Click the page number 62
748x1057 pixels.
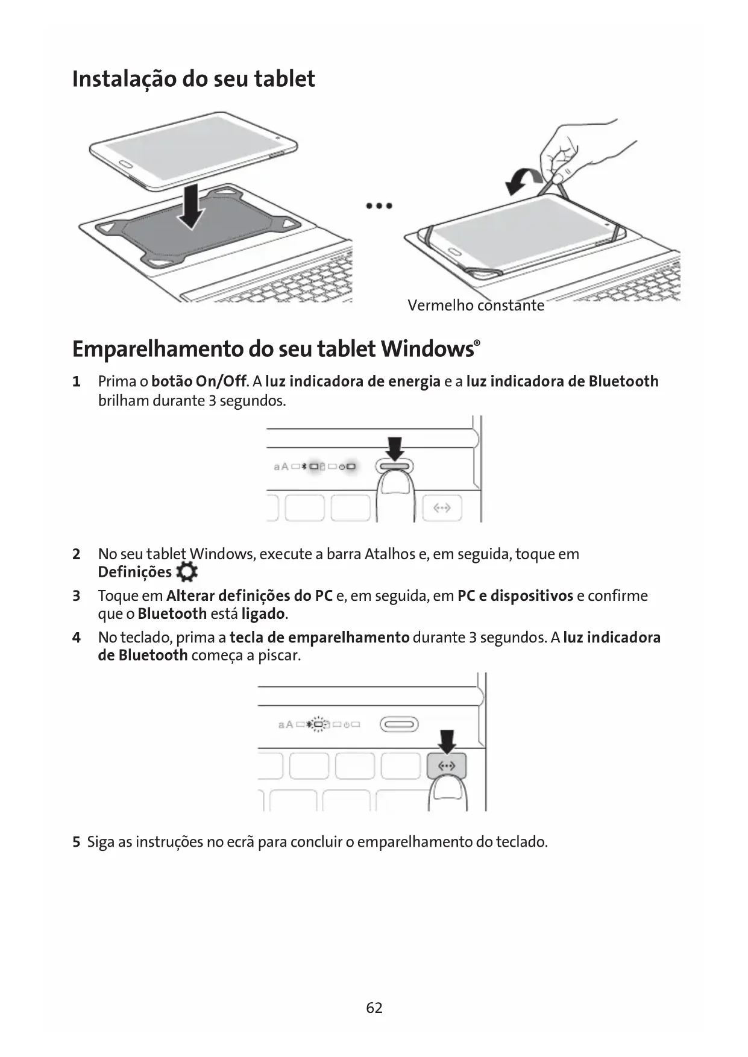(x=374, y=1008)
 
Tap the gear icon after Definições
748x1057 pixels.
(x=187, y=572)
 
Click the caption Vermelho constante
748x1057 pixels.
(x=476, y=306)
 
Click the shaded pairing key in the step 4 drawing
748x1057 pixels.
(x=446, y=767)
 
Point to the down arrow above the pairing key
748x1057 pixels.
(x=447, y=741)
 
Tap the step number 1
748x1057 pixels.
(x=77, y=381)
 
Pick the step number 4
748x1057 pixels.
(x=77, y=638)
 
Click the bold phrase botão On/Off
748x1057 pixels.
(x=199, y=381)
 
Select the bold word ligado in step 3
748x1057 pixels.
(x=263, y=614)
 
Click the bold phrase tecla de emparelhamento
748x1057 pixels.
(x=319, y=638)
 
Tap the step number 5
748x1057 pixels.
(x=77, y=842)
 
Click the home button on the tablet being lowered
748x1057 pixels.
(x=125, y=164)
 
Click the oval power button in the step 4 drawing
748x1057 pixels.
(x=398, y=724)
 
